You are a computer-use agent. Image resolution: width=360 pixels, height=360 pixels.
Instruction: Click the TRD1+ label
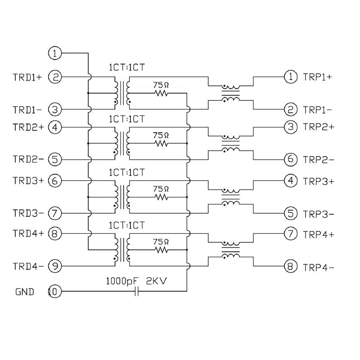[x=27, y=77]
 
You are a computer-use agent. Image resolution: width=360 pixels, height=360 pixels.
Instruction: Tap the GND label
[x=25, y=292]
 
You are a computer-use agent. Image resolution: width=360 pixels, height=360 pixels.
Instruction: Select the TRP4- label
[x=319, y=267]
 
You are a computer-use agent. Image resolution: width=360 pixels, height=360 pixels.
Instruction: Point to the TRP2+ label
[x=319, y=127]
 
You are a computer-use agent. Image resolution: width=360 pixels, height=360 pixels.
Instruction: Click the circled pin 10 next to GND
[x=54, y=292]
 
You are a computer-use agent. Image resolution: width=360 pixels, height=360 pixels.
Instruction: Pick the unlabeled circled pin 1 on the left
[x=55, y=53]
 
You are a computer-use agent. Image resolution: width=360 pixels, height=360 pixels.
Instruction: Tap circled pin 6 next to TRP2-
[x=291, y=159]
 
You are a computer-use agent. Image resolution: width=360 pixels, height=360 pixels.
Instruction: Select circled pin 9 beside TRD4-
[x=55, y=266]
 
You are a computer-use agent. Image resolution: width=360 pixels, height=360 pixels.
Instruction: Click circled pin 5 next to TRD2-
[x=55, y=159]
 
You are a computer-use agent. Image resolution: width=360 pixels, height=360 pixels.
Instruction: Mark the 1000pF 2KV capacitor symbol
[x=137, y=291]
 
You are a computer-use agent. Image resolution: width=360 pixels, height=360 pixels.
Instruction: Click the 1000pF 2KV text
[x=136, y=281]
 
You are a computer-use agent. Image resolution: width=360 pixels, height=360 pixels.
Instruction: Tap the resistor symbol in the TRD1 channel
[x=162, y=93]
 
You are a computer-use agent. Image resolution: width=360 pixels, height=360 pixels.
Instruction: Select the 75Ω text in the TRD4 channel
[x=161, y=242]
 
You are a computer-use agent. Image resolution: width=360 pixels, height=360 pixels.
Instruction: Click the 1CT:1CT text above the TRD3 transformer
[x=127, y=172]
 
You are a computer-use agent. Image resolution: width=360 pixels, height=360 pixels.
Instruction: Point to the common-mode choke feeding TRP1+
[x=231, y=93]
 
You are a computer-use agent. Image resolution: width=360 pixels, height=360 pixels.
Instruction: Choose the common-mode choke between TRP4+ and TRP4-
[x=231, y=250]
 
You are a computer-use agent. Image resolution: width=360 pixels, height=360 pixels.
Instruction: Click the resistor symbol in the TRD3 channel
[x=162, y=197]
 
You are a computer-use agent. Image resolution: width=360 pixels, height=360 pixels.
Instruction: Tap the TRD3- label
[x=28, y=213]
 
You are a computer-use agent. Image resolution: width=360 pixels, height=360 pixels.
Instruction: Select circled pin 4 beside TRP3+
[x=291, y=180]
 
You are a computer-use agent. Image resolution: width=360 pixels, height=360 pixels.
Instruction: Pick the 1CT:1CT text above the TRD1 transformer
[x=127, y=67]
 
